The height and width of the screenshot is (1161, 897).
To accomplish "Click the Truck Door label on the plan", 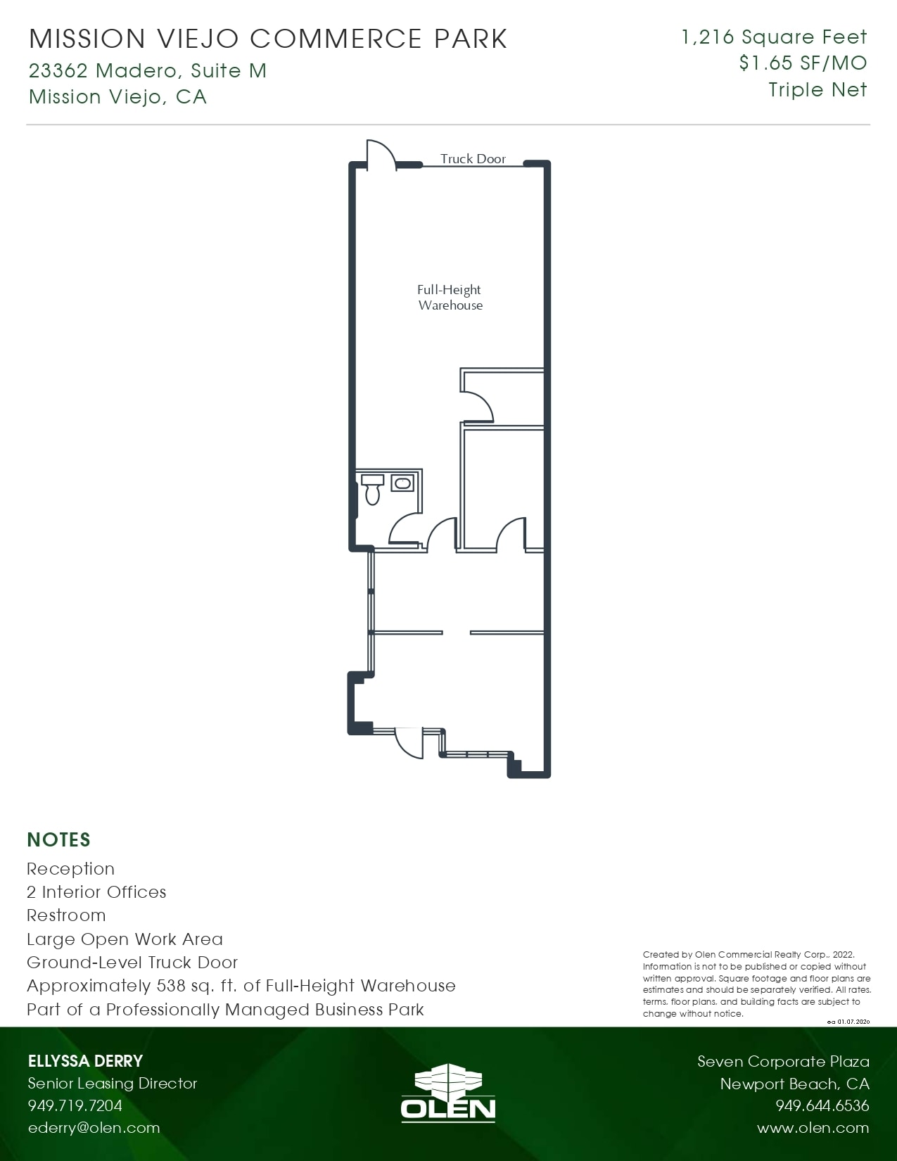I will coord(473,159).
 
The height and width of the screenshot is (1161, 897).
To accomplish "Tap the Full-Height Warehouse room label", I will coord(450,297).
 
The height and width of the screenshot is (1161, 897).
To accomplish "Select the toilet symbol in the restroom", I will coord(372,490).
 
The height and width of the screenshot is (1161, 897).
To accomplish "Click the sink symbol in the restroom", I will coord(402,483).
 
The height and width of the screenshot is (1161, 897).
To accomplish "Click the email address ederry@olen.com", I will coord(94,1128).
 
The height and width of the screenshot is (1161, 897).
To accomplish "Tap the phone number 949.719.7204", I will coord(75,1105).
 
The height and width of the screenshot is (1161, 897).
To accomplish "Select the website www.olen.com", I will coord(813,1128).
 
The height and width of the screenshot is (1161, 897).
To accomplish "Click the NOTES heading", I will coord(58,839).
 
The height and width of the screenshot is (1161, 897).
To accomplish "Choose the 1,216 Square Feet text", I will coord(774,37).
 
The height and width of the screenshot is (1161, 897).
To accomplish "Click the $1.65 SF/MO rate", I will coord(803,63).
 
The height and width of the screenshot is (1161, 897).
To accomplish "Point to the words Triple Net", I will coord(818,90).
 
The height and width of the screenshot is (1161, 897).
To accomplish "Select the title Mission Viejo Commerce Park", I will coord(267,39).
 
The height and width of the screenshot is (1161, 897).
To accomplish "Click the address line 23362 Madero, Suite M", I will coord(148,70).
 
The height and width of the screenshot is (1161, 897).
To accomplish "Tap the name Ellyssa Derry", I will coord(85,1061).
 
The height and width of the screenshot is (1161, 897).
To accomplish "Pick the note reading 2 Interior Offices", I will coord(96,892).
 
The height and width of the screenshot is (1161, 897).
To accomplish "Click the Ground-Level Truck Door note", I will coord(132,963).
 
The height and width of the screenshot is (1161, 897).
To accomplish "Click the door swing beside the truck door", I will coord(381,154).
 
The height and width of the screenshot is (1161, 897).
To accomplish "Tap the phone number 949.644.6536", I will coord(822,1105).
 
